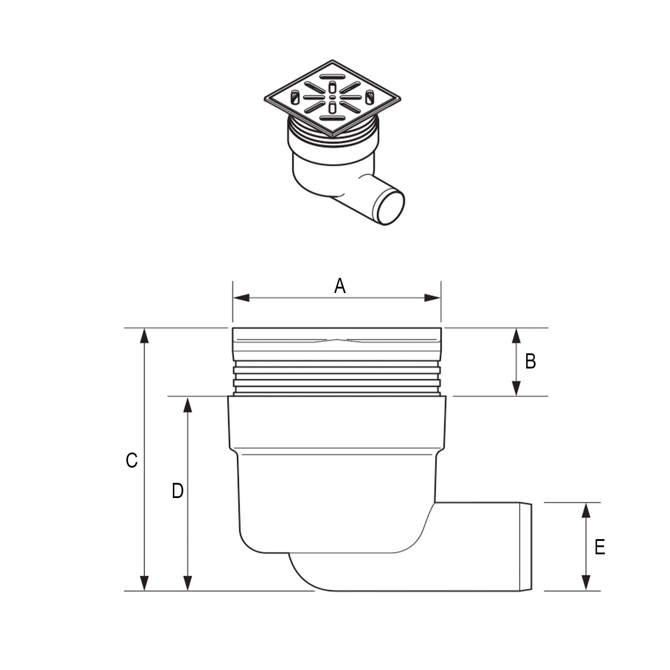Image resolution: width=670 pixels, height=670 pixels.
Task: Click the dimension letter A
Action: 340,286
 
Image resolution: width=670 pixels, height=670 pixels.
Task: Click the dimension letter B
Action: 530,361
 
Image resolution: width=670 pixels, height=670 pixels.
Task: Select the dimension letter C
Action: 131,460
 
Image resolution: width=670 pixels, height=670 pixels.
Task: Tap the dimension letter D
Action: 178,491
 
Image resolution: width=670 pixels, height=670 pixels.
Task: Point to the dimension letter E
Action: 599,547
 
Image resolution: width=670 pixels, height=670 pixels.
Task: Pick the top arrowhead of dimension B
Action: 516,336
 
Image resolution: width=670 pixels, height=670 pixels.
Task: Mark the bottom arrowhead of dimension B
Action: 516,388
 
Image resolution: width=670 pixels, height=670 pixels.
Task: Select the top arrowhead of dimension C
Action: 144,336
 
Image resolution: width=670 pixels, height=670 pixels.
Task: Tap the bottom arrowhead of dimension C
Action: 144,582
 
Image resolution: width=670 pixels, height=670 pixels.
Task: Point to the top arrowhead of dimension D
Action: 188,405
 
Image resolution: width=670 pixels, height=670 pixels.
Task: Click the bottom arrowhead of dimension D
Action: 188,582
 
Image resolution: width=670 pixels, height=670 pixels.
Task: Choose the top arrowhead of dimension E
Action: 586,510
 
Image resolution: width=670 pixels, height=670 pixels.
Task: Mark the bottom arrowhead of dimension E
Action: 586,582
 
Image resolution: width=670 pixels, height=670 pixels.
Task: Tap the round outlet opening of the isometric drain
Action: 390,207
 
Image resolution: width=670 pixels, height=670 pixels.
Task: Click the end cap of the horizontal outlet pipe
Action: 527,547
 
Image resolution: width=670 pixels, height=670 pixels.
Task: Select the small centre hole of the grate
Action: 332,97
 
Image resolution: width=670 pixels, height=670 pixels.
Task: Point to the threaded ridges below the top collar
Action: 337,377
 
